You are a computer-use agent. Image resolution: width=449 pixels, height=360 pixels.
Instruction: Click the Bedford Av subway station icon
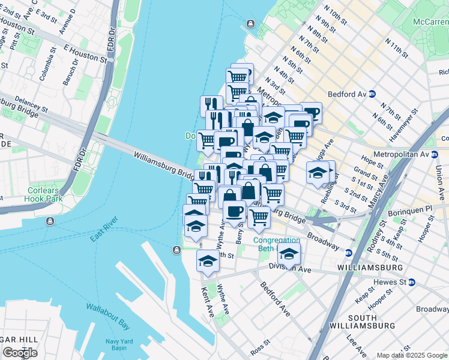pos(372,94)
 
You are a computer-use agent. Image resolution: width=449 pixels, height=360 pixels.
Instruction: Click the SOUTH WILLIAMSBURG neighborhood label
pos(371,322)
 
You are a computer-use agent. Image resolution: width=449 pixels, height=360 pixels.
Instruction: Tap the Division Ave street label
pos(290,269)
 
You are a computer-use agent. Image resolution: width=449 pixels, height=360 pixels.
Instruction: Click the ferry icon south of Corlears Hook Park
pos(50,221)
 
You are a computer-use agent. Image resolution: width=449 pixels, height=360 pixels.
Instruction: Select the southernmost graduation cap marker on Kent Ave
pos(208,260)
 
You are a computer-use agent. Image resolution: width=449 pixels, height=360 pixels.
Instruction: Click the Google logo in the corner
pos(19,353)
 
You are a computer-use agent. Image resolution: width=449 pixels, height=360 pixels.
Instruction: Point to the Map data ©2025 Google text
pos(411,355)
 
